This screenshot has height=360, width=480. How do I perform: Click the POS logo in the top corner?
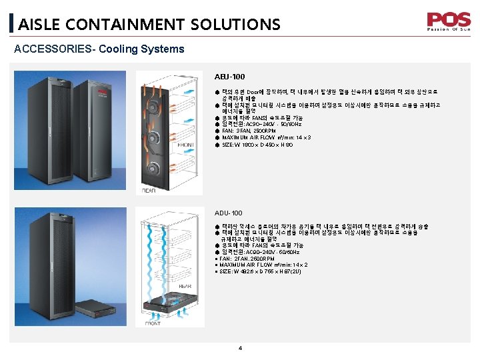(x=448, y=21)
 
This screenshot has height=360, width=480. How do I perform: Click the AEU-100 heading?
(x=225, y=77)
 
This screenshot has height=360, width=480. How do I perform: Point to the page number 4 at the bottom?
(x=240, y=347)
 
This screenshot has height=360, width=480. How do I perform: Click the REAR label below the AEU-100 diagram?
(x=148, y=191)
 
